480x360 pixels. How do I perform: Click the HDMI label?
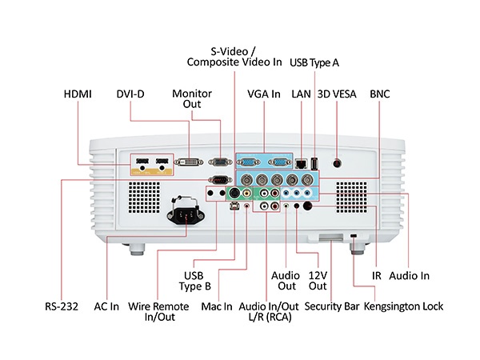(x=78, y=94)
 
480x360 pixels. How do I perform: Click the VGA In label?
(x=264, y=94)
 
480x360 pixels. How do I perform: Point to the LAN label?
(x=301, y=94)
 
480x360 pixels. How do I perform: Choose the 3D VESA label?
(x=336, y=94)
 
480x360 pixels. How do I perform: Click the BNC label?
(x=379, y=94)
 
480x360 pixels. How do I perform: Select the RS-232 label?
(x=62, y=306)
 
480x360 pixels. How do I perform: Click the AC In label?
(x=106, y=306)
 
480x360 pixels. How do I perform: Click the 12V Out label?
(x=318, y=281)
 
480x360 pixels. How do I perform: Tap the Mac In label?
(x=216, y=306)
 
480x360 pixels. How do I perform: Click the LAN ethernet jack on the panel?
(x=300, y=162)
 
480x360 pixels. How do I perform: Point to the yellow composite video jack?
(x=246, y=194)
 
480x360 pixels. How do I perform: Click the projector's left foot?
(x=135, y=247)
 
